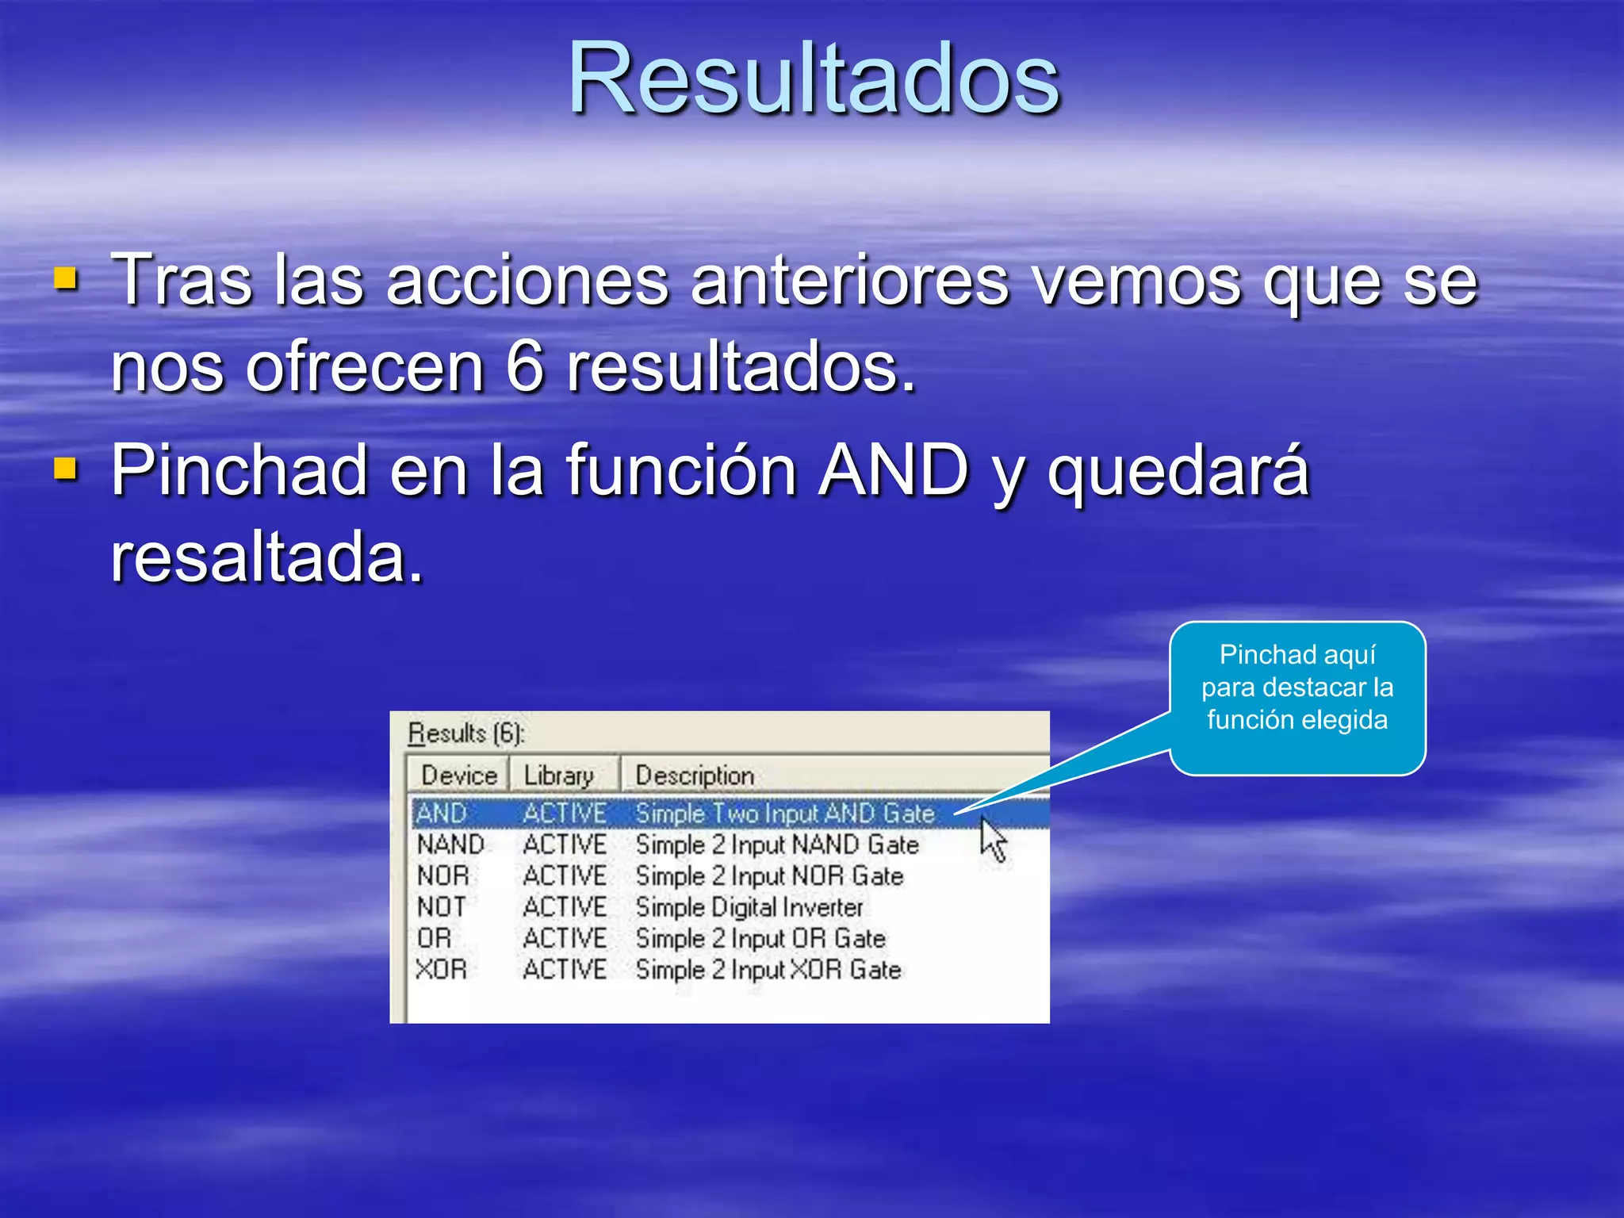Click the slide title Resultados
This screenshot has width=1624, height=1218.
(x=814, y=79)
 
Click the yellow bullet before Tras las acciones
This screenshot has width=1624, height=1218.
(x=66, y=279)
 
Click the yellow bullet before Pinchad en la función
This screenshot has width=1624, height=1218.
(x=66, y=469)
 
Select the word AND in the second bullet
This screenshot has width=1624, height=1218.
(x=894, y=470)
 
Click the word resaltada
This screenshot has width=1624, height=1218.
(x=267, y=557)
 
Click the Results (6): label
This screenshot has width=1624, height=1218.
(x=465, y=733)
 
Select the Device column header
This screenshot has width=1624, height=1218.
(x=458, y=776)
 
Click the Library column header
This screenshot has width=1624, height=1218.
(x=558, y=776)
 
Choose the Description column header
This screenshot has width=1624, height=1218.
(x=695, y=776)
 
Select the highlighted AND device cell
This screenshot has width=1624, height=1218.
(x=442, y=814)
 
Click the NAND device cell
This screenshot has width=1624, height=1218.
(x=450, y=845)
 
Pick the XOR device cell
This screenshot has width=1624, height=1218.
(x=442, y=969)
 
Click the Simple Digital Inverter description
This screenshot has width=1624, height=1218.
(x=749, y=907)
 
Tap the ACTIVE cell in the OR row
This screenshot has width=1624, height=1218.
(x=565, y=938)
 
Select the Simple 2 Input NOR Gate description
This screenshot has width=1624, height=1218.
(x=769, y=876)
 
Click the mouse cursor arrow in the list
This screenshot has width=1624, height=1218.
(x=991, y=838)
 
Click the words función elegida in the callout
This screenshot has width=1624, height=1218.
(x=1297, y=720)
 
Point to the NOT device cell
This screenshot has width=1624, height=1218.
(x=442, y=907)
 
